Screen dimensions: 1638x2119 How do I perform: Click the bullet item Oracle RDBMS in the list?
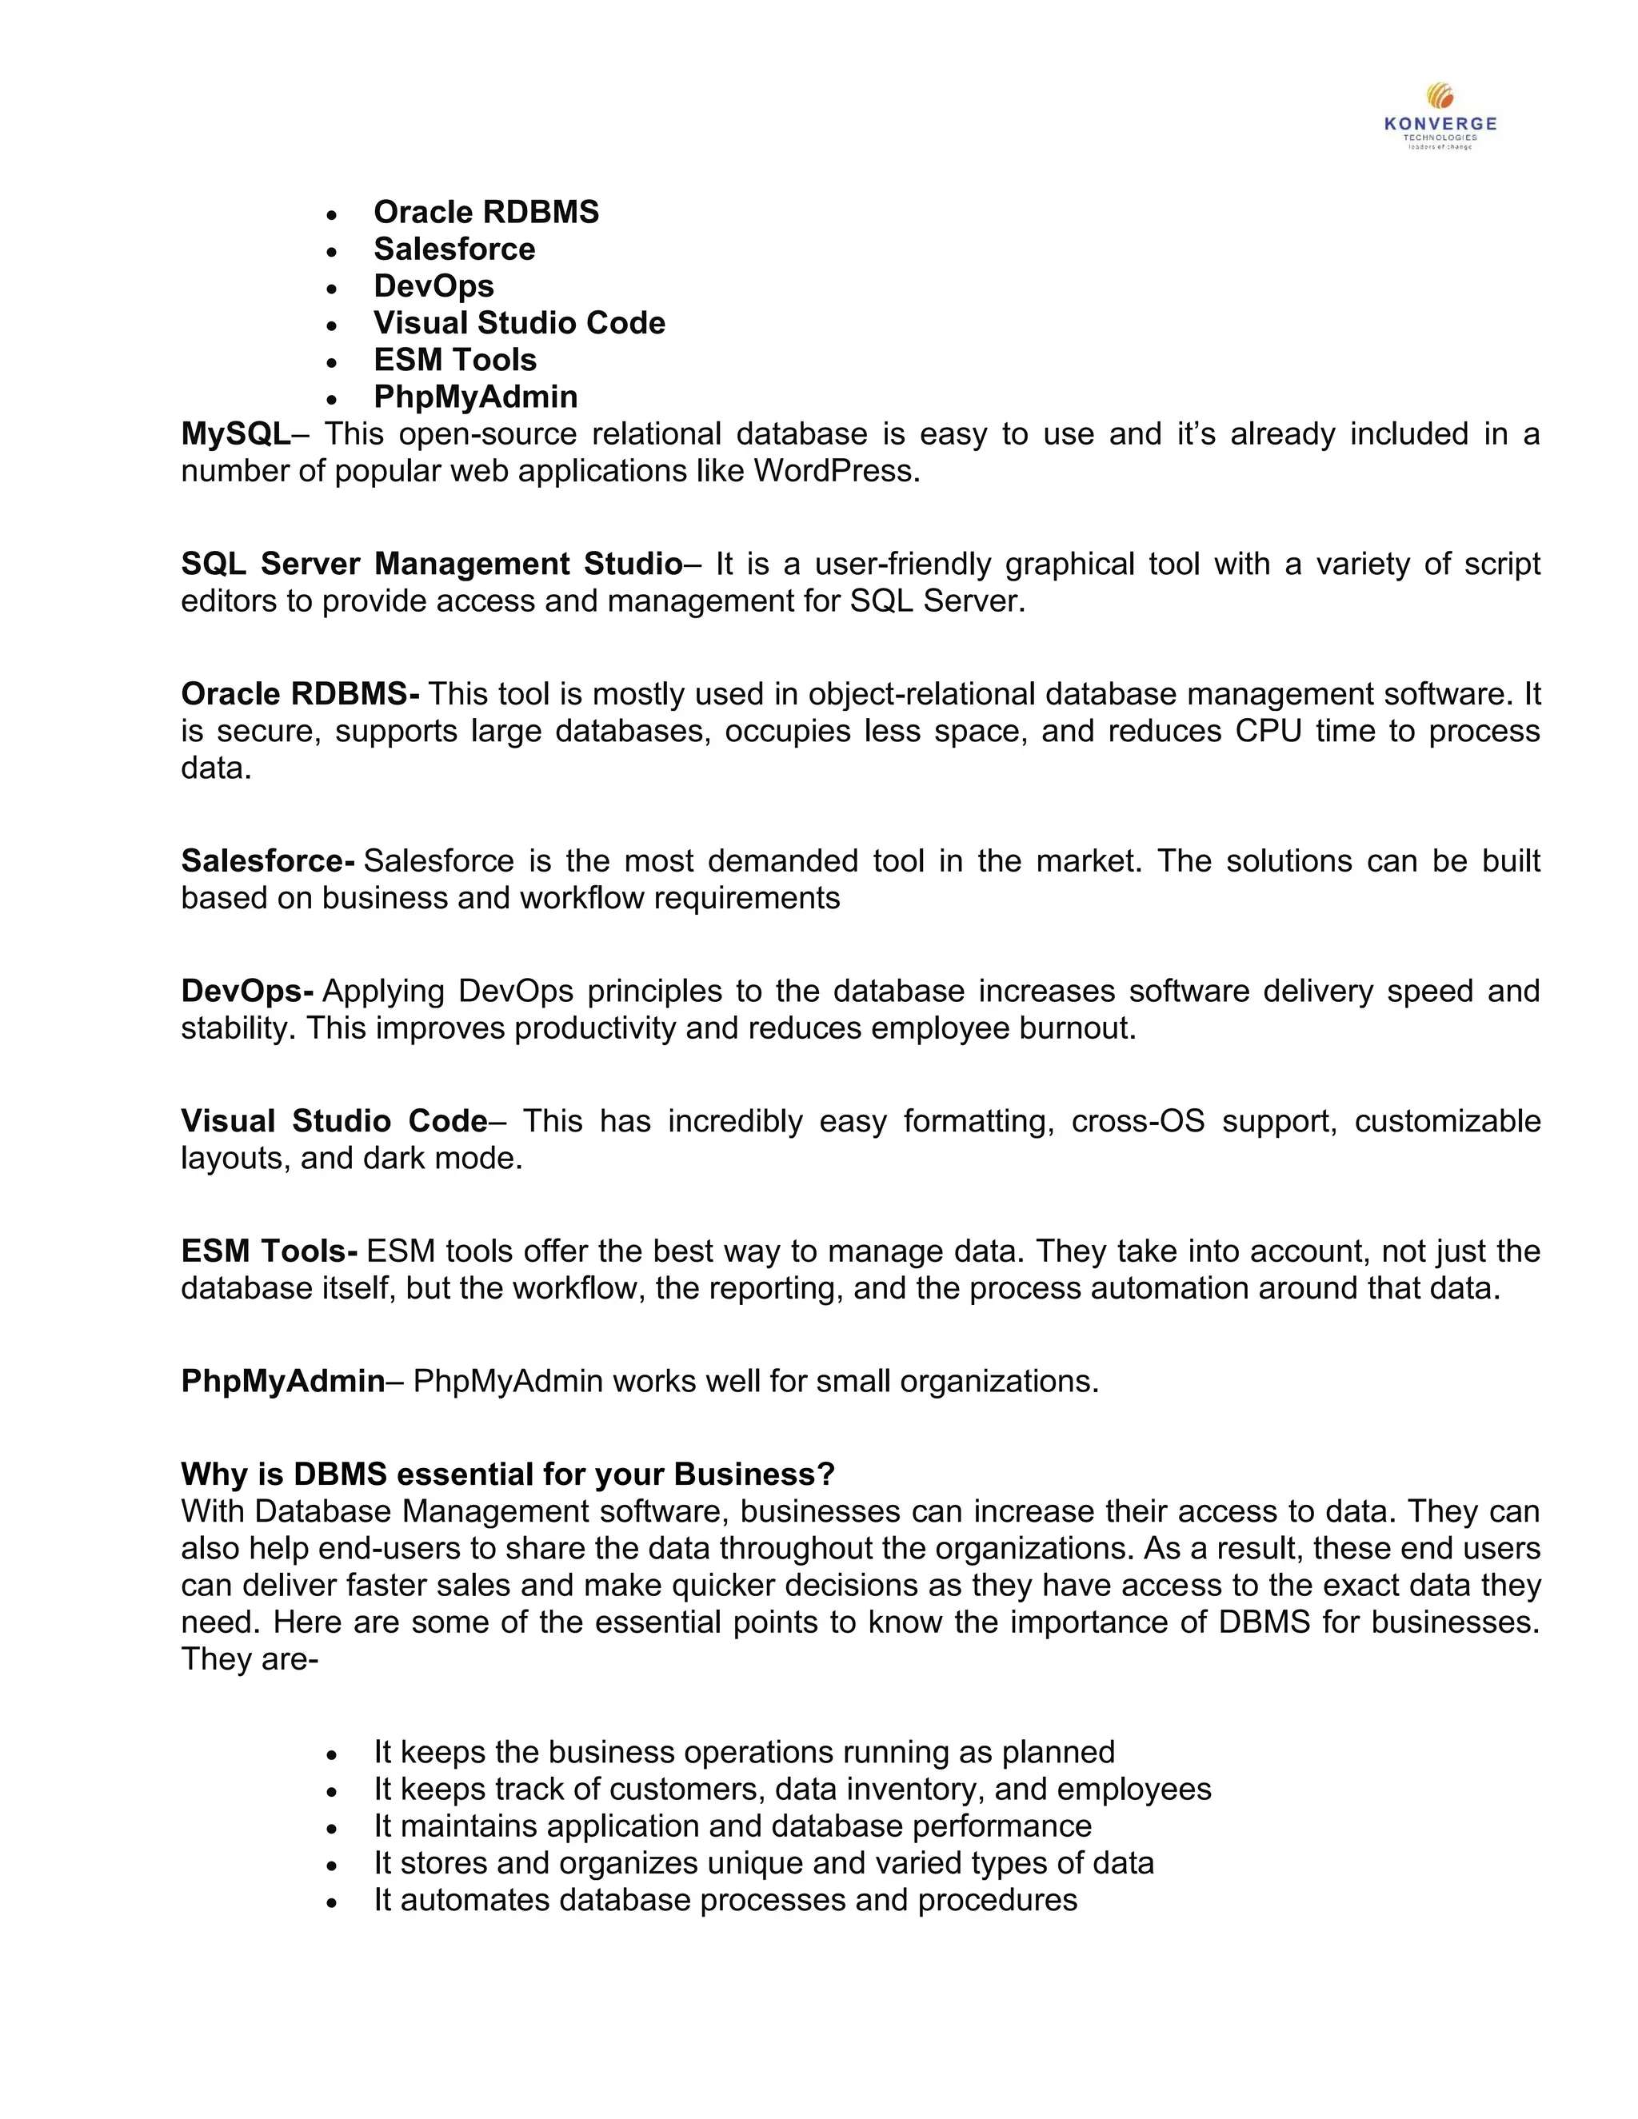(x=486, y=212)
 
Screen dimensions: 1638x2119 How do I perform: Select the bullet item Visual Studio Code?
(x=519, y=322)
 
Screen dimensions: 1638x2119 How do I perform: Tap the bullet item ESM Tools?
(x=455, y=359)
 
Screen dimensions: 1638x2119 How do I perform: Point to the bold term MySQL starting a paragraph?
(x=235, y=433)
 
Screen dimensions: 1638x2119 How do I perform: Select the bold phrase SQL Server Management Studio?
(x=432, y=564)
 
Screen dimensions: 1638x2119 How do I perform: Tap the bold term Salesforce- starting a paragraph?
(x=268, y=860)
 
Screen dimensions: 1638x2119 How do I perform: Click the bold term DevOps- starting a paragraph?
(x=247, y=991)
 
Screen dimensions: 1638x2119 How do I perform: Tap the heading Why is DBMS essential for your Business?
(x=508, y=1474)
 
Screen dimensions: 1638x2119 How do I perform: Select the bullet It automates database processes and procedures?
(x=725, y=1899)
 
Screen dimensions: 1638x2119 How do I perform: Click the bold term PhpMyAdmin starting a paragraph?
(x=282, y=1381)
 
